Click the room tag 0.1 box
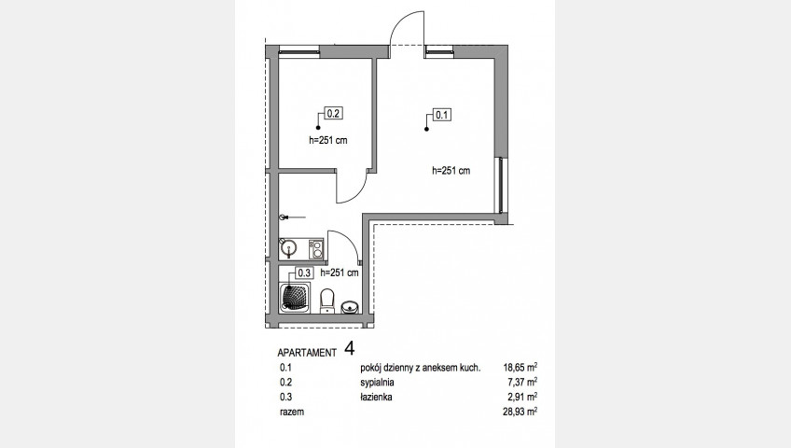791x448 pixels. tap(442, 115)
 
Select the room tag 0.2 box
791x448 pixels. tap(333, 114)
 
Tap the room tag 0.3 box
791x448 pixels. tap(304, 273)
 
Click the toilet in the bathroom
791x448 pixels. tap(327, 301)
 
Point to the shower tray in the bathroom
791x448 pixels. tap(295, 298)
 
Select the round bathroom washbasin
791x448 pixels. tap(350, 306)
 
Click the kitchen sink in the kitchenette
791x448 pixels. tap(289, 248)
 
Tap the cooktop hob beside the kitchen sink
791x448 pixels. tap(316, 249)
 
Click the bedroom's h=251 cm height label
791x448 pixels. tap(328, 141)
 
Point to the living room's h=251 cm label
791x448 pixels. tap(451, 171)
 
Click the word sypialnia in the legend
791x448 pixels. tap(377, 383)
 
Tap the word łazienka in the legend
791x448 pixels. tap(376, 397)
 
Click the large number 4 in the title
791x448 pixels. tap(350, 348)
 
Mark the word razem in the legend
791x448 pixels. tap(292, 412)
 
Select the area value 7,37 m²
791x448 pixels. tap(522, 383)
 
